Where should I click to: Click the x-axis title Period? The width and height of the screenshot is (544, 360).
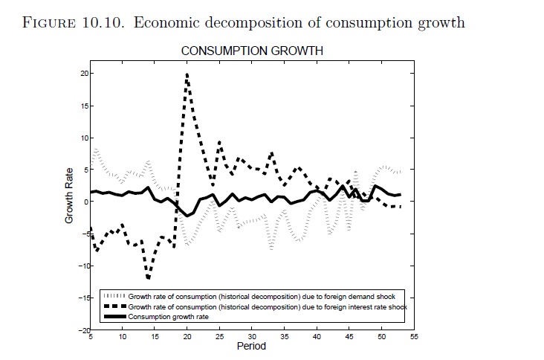pos(251,347)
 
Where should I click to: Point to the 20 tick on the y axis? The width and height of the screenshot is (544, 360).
pos(84,74)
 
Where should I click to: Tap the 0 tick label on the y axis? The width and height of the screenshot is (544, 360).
pos(86,202)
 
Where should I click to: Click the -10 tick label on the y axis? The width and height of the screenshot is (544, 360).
pos(82,266)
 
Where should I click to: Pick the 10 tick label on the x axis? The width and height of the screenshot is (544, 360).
pos(123,337)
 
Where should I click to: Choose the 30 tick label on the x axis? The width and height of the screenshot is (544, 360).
pos(252,337)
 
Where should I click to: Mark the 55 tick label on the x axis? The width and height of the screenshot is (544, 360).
pos(414,337)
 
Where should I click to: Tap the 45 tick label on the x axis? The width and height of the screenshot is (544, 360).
pos(349,337)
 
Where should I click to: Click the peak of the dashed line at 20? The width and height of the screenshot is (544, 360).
pos(187,74)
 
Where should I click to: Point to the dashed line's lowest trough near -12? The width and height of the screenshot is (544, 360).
pos(149,278)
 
